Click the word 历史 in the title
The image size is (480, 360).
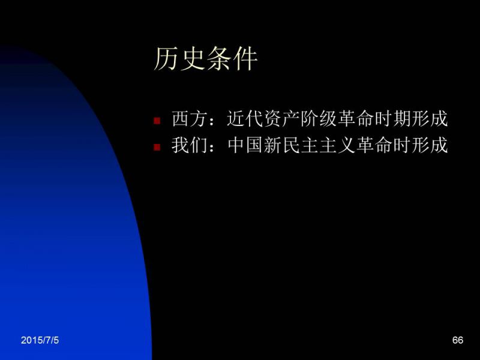tap(179, 59)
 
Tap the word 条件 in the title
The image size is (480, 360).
tap(232, 59)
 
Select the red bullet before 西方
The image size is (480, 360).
tap(157, 121)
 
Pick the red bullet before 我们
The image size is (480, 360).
tap(157, 147)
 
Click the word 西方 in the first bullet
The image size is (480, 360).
tap(190, 118)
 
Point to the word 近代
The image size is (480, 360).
tap(245, 118)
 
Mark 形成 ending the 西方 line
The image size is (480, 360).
tap(430, 118)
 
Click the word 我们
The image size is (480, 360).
tap(190, 145)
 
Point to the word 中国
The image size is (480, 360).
tap(245, 145)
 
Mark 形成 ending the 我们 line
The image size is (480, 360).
tap(430, 145)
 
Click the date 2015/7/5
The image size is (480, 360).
tap(40, 340)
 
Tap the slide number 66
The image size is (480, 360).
tap(458, 340)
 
